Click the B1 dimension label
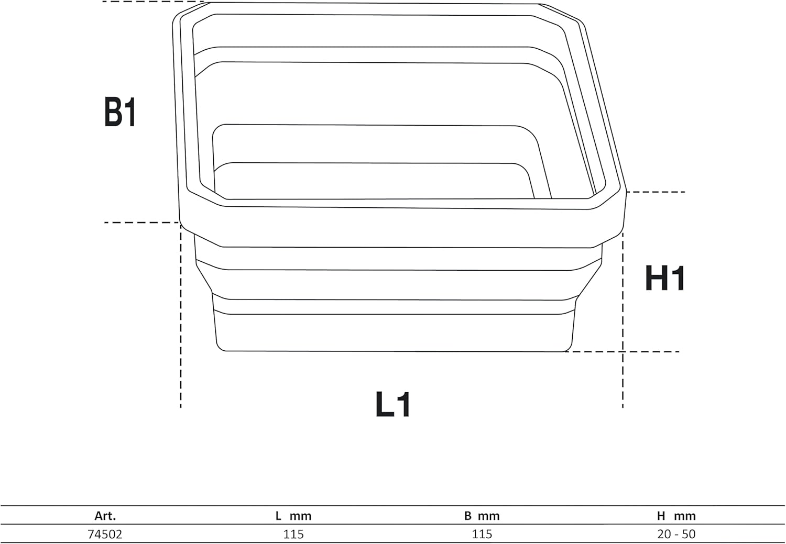click(x=120, y=112)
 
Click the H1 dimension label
click(x=665, y=279)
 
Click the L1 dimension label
click(x=393, y=404)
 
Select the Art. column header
click(x=105, y=516)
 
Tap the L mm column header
click(x=293, y=516)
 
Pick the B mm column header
click(x=482, y=516)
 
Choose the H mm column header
click(x=676, y=516)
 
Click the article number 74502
click(x=105, y=534)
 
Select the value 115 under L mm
click(x=293, y=534)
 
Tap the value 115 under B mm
click(x=482, y=534)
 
